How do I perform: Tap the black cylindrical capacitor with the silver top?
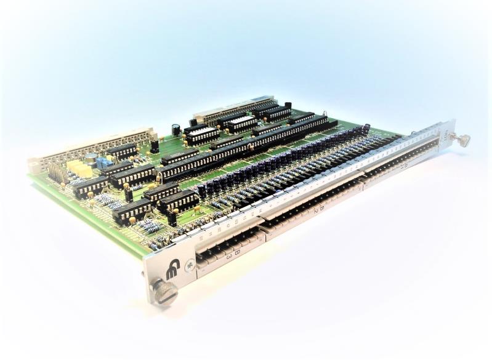[176, 130]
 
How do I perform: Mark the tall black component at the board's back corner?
[288, 105]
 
